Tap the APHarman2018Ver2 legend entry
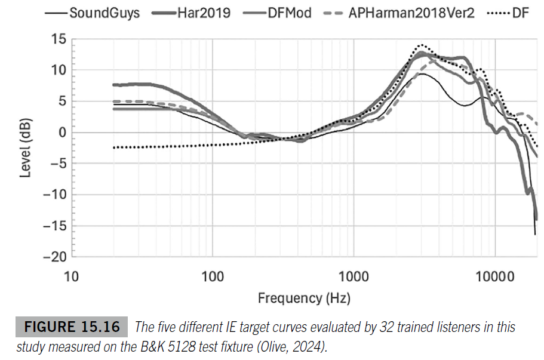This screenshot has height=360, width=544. [x=411, y=12]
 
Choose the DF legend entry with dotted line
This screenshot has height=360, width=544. [x=520, y=12]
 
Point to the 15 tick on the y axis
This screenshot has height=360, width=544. [x=57, y=39]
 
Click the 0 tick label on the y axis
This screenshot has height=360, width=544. [x=61, y=133]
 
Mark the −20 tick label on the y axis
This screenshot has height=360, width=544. [x=53, y=257]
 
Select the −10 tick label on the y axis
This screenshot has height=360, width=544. [x=53, y=195]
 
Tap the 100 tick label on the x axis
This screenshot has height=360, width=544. [x=213, y=276]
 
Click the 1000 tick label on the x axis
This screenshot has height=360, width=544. [x=354, y=276]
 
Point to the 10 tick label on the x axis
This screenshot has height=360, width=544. [x=71, y=276]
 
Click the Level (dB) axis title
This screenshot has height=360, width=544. [x=24, y=148]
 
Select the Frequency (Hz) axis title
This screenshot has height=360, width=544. [x=304, y=297]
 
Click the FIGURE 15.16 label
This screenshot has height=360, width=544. [x=75, y=328]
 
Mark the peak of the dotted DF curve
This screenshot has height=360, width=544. [x=423, y=45]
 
